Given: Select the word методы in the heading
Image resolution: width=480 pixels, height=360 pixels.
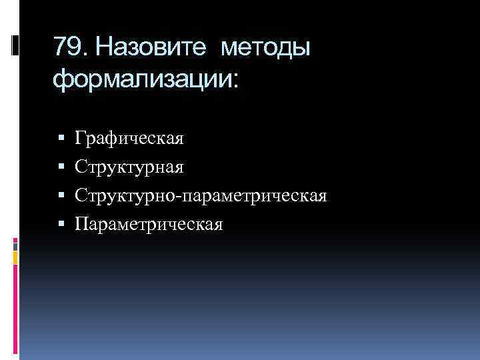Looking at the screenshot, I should tap(265, 49).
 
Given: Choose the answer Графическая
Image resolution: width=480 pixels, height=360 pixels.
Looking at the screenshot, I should tap(129, 139).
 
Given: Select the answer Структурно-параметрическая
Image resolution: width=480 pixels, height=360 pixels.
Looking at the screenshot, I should tap(201, 196).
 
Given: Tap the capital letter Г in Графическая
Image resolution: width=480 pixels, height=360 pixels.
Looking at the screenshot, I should tap(80, 138).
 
